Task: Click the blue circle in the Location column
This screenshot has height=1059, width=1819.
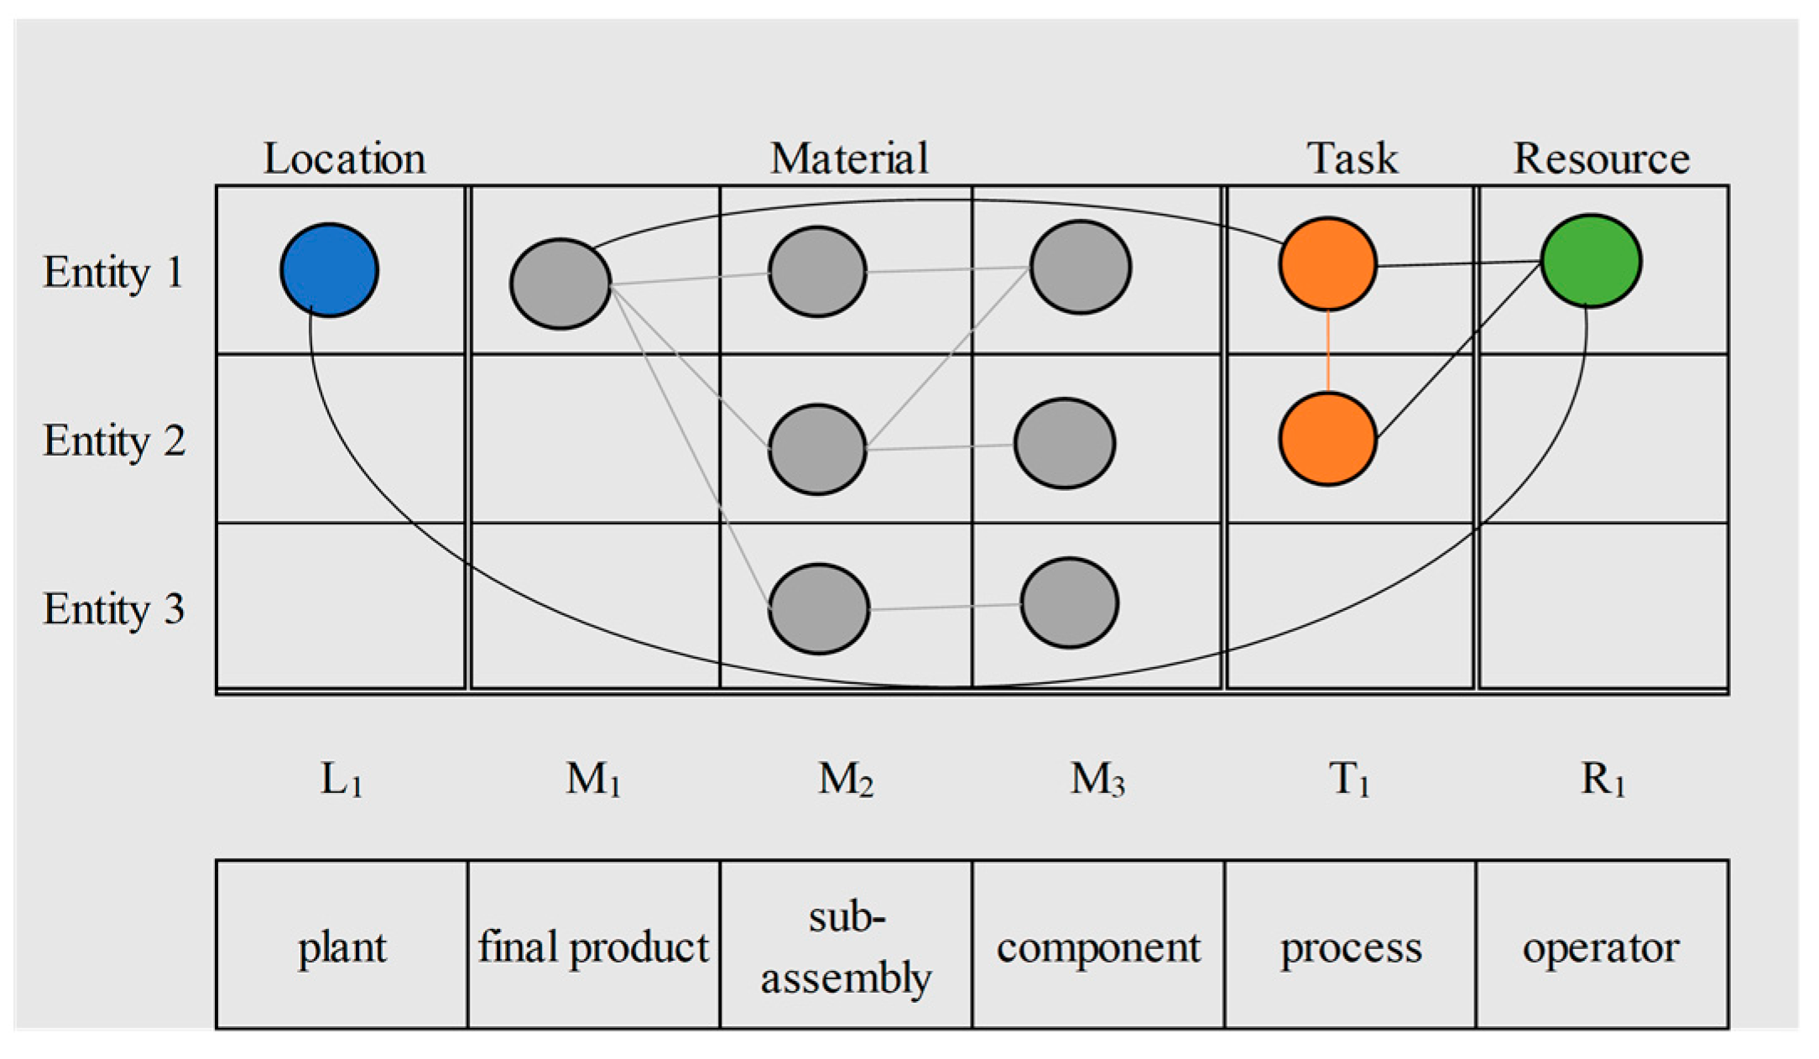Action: pyautogui.click(x=329, y=270)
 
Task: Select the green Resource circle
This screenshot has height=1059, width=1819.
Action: pyautogui.click(x=1591, y=261)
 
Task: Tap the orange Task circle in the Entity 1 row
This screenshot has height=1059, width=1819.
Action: pyautogui.click(x=1327, y=264)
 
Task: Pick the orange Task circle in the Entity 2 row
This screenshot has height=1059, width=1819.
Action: pyautogui.click(x=1327, y=439)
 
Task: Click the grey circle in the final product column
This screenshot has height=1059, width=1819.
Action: pyautogui.click(x=560, y=284)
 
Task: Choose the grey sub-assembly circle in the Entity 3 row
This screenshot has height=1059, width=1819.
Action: pyautogui.click(x=818, y=608)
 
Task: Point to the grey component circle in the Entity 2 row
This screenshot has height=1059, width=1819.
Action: pyautogui.click(x=1064, y=443)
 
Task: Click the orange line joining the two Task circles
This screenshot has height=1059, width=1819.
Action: pyautogui.click(x=1327, y=351)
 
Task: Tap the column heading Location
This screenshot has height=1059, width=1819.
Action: pyautogui.click(x=344, y=159)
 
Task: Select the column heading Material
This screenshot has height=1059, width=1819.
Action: pyautogui.click(x=849, y=159)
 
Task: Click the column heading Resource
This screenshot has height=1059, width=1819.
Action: pyautogui.click(x=1601, y=159)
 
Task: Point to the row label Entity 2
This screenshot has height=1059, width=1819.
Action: pyautogui.click(x=114, y=441)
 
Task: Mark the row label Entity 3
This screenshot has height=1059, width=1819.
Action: pyautogui.click(x=114, y=608)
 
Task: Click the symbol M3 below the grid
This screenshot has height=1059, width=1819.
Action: pyautogui.click(x=1097, y=780)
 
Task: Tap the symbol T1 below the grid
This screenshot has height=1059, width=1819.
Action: pyautogui.click(x=1348, y=780)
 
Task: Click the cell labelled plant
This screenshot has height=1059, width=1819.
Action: pyautogui.click(x=341, y=945)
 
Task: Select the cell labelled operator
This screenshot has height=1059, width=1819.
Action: pyautogui.click(x=1601, y=945)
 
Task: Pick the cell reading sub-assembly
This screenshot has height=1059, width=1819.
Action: pyautogui.click(x=846, y=945)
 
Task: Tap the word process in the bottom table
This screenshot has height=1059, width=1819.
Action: pyautogui.click(x=1350, y=948)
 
